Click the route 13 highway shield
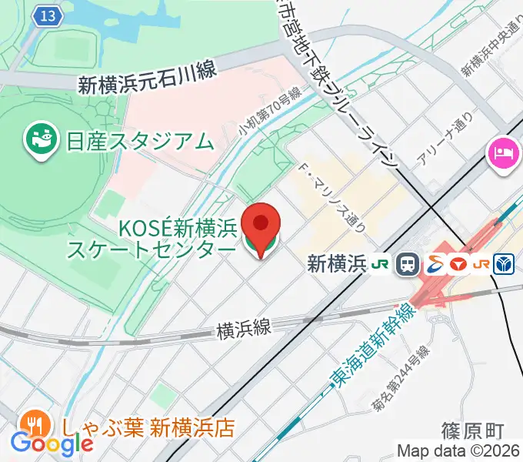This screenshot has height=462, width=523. [x=48, y=16]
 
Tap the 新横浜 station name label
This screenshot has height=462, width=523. [x=335, y=264]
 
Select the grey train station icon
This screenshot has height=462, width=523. [x=407, y=265]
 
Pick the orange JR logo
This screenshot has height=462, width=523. [x=482, y=264]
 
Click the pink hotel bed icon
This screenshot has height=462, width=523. [x=501, y=152]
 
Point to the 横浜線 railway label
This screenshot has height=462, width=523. [x=244, y=330]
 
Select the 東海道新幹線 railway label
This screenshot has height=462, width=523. [x=371, y=344]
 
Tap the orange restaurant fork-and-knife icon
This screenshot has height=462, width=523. [x=34, y=423]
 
